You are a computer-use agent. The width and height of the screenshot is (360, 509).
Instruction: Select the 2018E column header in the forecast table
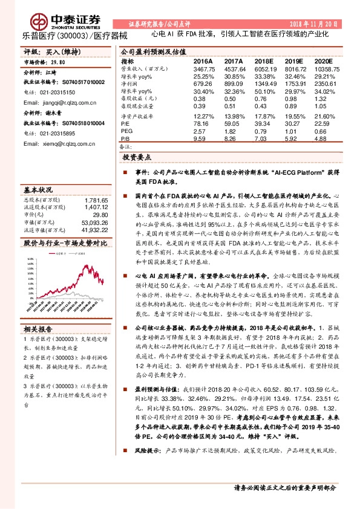(264, 62)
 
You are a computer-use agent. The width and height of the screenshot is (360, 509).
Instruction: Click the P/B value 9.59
(199, 138)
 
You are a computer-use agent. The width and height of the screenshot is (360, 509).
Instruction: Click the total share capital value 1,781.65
(97, 200)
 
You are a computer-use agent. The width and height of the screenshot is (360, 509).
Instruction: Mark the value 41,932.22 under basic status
(95, 230)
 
